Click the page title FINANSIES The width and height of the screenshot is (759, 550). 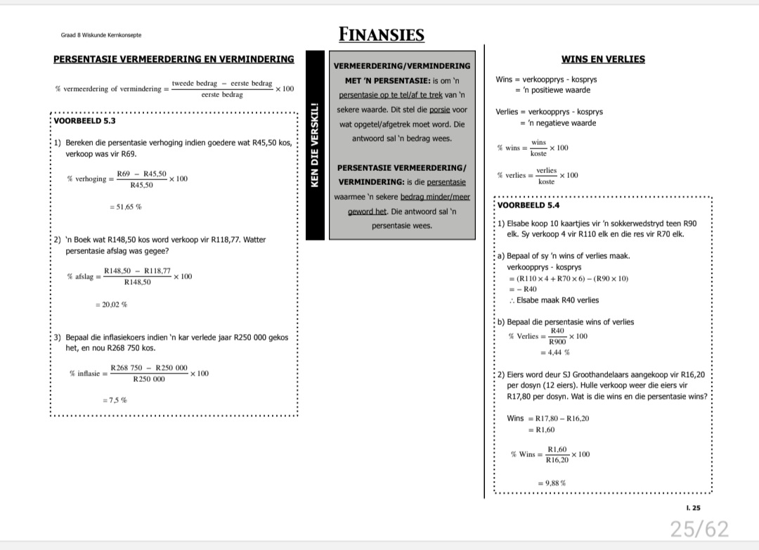381,34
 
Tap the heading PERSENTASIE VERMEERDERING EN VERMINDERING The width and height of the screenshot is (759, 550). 174,58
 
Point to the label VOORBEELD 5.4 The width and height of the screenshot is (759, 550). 528,205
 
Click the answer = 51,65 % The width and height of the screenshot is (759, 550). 126,207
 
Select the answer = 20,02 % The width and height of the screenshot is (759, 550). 111,305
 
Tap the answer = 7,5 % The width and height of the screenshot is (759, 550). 115,400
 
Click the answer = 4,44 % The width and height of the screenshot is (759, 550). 554,352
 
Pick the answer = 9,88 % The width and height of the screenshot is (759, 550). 552,483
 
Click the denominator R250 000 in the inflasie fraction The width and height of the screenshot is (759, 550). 149,379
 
